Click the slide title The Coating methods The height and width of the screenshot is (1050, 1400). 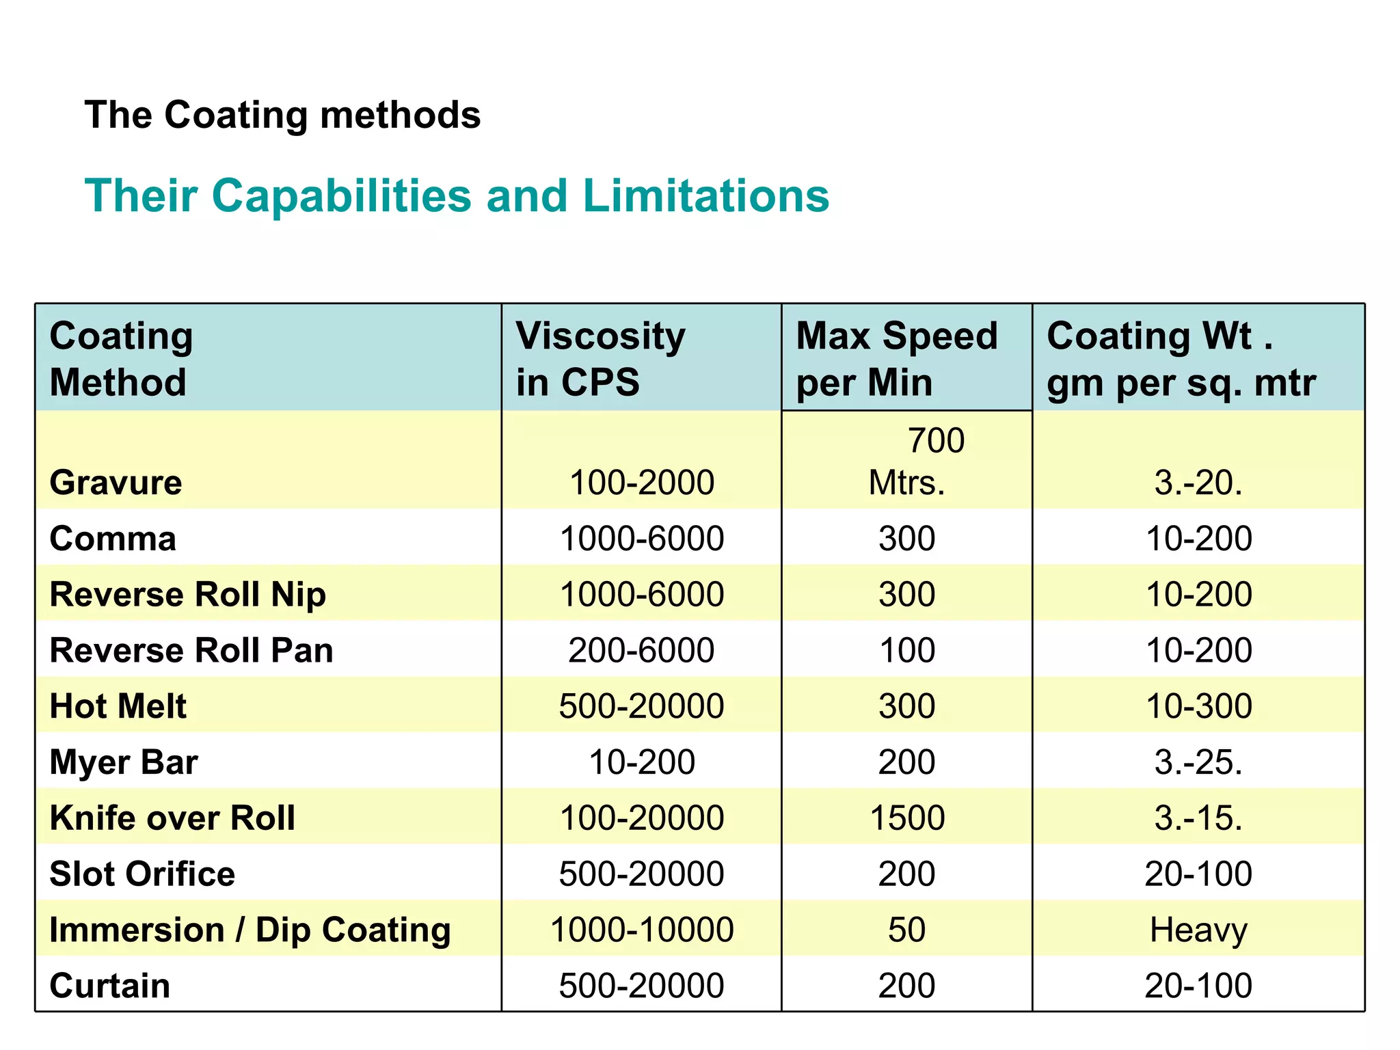pos(282,115)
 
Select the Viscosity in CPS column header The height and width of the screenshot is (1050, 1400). pos(600,358)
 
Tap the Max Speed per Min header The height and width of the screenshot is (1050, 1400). pos(896,358)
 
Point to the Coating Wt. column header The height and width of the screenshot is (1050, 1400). pos(1181,358)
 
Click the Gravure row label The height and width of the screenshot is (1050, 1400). pos(116,483)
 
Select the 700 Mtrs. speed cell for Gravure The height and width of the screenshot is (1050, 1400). pos(907,461)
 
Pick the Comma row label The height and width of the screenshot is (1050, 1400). pos(113,539)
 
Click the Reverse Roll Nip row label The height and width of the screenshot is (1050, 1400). pos(187,594)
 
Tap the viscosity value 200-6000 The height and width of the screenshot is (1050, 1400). pos(641,650)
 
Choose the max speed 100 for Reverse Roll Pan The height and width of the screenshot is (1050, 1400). pos(907,650)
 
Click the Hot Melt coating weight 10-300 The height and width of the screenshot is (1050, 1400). pos(1198,706)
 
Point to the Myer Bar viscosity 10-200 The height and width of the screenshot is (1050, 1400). pos(641,762)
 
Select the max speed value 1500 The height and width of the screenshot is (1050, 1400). pos(907,818)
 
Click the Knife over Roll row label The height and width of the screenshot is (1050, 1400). pos(172,818)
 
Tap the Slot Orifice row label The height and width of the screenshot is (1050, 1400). pos(142,874)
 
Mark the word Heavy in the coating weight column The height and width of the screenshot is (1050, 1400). pos(1198,930)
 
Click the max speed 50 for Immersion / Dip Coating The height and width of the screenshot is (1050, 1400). pos(907,930)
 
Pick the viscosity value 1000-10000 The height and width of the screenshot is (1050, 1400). pos(641,930)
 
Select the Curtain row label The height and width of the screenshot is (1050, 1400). pos(109,986)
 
